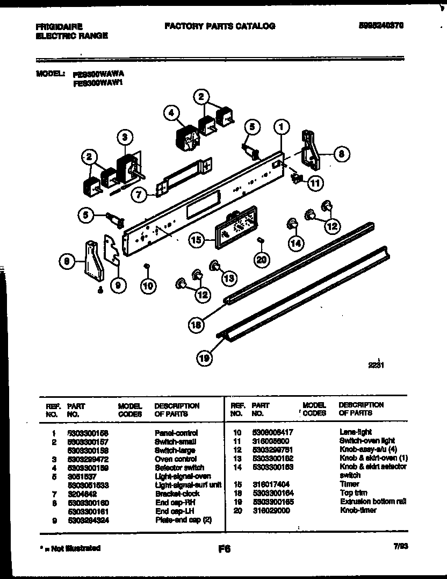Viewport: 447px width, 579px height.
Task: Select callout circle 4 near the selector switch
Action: click(170, 113)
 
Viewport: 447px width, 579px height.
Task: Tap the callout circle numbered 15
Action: click(197, 240)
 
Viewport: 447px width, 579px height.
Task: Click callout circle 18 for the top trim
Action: click(197, 324)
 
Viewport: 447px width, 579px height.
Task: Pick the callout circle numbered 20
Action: click(261, 259)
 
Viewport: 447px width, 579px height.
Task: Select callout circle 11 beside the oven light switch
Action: click(315, 183)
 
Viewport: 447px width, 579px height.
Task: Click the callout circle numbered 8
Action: click(341, 154)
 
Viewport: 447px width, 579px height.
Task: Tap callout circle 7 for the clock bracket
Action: click(139, 195)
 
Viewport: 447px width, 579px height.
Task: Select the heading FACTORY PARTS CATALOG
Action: click(219, 26)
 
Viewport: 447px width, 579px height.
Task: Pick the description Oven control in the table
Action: click(171, 459)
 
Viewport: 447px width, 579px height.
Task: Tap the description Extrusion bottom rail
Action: click(372, 501)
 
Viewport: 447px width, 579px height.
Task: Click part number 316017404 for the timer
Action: click(271, 484)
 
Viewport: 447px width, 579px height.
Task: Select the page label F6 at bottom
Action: click(224, 549)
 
